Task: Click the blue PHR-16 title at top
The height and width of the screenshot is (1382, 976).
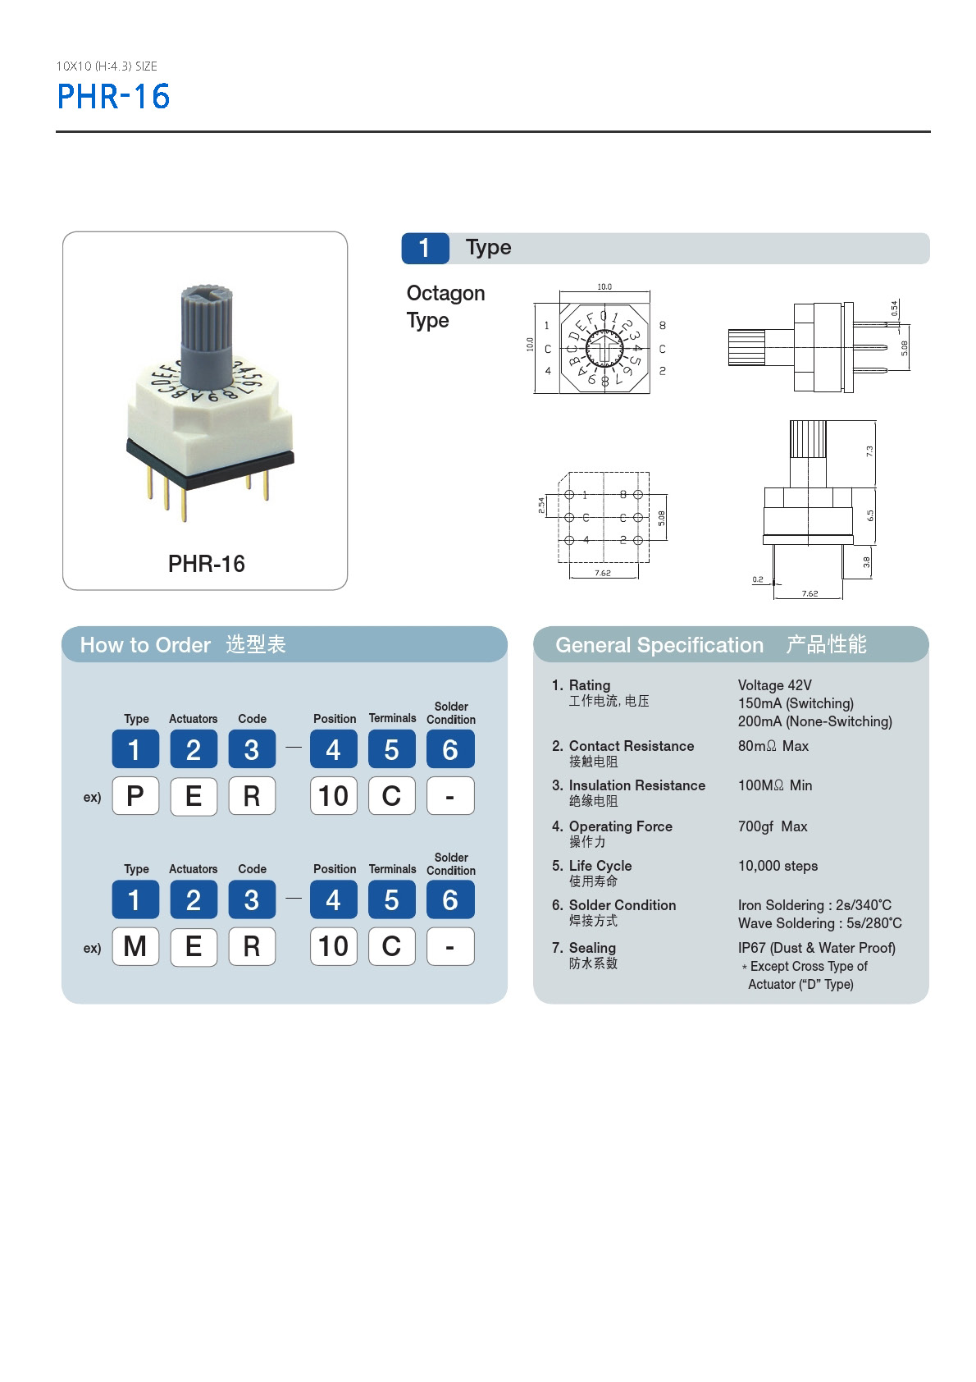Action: pos(113,97)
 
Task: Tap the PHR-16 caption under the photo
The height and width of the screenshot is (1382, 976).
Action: pos(206,564)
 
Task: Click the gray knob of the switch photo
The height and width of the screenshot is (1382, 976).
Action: pos(205,332)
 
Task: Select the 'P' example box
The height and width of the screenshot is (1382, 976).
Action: pos(135,795)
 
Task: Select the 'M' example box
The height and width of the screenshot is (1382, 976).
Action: pos(135,946)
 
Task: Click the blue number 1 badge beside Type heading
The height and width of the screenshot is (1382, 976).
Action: pos(425,248)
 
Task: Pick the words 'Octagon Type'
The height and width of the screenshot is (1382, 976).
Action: pos(445,306)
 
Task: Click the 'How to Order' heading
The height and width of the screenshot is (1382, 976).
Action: pos(145,645)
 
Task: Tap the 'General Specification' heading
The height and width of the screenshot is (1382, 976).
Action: pos(659,645)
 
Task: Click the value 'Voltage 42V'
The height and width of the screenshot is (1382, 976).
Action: pos(774,685)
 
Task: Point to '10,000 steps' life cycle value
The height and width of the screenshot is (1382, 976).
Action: pos(778,866)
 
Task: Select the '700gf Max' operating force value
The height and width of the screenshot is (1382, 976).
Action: pos(773,826)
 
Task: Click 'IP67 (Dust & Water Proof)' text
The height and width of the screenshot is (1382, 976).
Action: pos(816,948)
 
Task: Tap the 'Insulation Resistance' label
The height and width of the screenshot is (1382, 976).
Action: pos(636,785)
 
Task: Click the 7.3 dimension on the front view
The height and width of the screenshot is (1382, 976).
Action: pos(869,451)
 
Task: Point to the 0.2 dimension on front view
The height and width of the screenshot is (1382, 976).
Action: pos(758,579)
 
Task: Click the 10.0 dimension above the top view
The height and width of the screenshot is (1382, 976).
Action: pos(604,286)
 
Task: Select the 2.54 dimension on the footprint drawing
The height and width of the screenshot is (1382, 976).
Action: pos(541,506)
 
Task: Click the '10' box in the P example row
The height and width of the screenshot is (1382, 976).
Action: pos(334,795)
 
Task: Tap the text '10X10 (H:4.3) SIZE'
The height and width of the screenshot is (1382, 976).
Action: pos(107,66)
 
